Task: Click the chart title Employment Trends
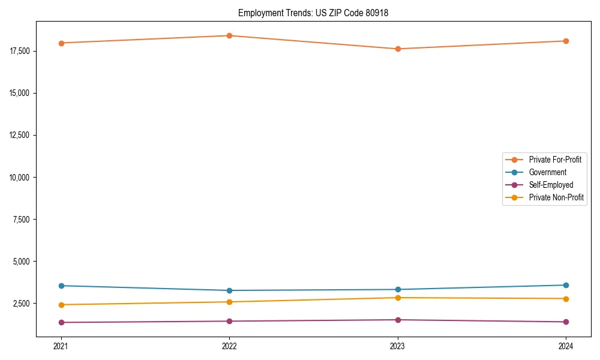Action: point(313,13)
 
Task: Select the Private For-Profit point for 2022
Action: point(229,35)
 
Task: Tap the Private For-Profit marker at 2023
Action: point(398,49)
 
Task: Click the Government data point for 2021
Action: point(61,286)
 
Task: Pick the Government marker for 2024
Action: point(566,285)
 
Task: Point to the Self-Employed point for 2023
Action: point(398,320)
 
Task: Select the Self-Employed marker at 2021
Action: point(61,322)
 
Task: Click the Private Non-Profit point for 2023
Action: point(398,298)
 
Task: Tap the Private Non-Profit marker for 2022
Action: point(229,302)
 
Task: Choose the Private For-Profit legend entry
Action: point(554,160)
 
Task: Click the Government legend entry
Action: point(547,172)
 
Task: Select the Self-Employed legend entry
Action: point(551,185)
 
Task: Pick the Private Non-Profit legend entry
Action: point(556,197)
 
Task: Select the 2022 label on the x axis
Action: point(229,346)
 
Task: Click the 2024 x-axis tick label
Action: point(566,346)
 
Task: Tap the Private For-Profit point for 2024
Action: point(566,41)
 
